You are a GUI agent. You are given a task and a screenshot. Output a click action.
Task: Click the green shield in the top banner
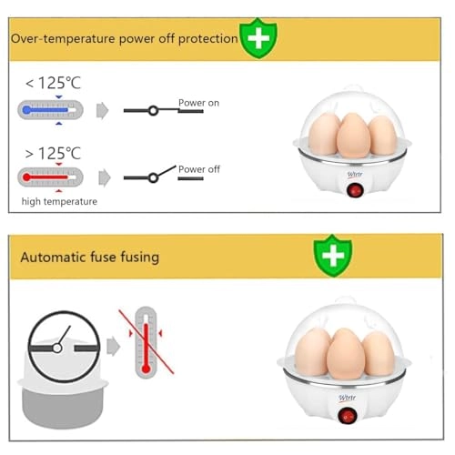click(258, 37)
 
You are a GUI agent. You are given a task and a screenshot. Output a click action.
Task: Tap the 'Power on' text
click(198, 103)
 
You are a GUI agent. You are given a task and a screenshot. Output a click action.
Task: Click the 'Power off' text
click(198, 169)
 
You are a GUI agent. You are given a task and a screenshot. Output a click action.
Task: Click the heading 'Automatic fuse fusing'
click(90, 257)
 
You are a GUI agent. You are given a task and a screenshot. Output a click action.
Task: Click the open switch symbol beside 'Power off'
click(150, 175)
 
